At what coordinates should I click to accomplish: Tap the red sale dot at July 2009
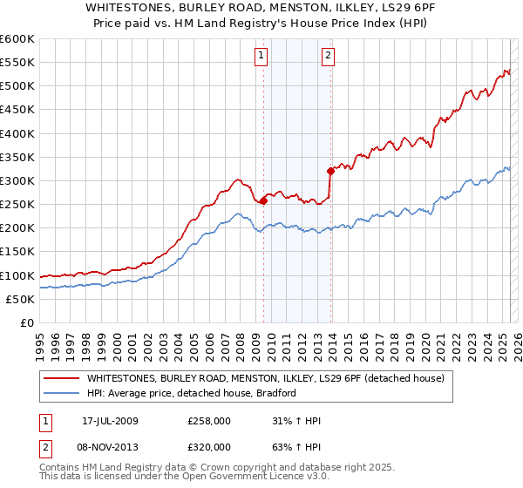tap(263, 200)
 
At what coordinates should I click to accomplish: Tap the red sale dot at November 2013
tap(330, 171)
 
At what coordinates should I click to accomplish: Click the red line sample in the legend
tap(63, 378)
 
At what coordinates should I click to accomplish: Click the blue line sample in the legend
tap(63, 393)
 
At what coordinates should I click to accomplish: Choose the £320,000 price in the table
tap(209, 446)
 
